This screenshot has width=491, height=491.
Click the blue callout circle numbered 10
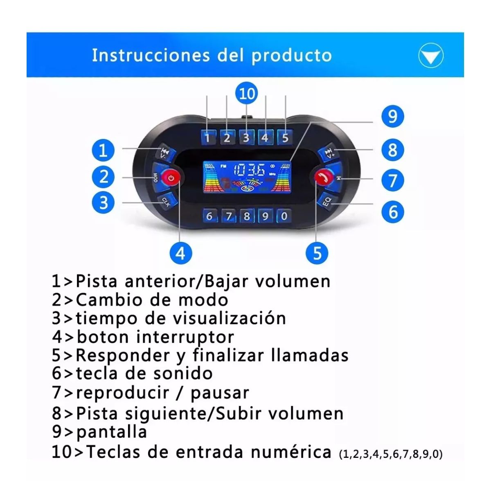pos(246,94)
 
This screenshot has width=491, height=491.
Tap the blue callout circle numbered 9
pos(392,116)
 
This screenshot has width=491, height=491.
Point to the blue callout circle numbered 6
pos(392,212)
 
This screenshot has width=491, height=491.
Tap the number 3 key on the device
pos(246,137)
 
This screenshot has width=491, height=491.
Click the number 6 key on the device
pos(209,216)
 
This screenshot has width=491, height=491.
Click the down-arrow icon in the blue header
pos(430,56)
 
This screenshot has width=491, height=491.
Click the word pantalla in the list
pos(111,432)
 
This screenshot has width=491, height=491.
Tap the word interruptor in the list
pos(185,337)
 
